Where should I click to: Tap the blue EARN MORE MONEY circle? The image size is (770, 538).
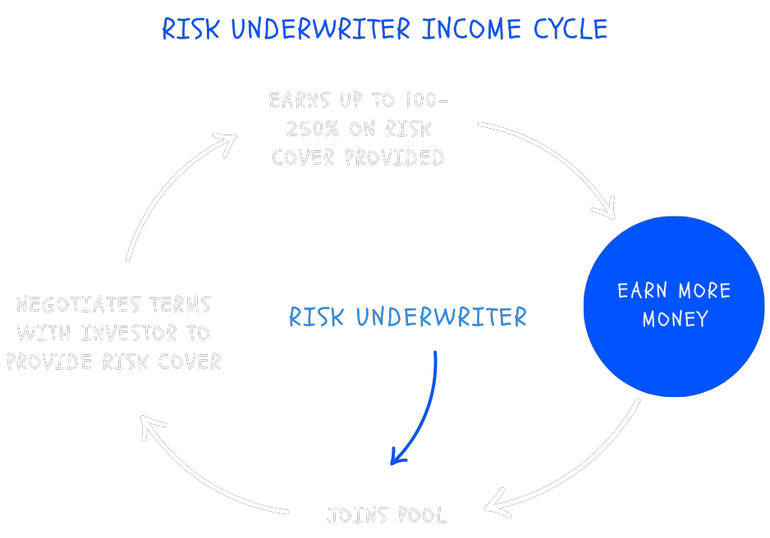[x=674, y=306]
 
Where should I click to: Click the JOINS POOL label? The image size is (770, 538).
[x=387, y=516]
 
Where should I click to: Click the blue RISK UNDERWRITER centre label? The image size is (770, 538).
[x=408, y=317]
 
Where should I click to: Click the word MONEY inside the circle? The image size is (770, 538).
[x=675, y=320]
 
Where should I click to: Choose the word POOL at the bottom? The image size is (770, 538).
[x=422, y=516]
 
